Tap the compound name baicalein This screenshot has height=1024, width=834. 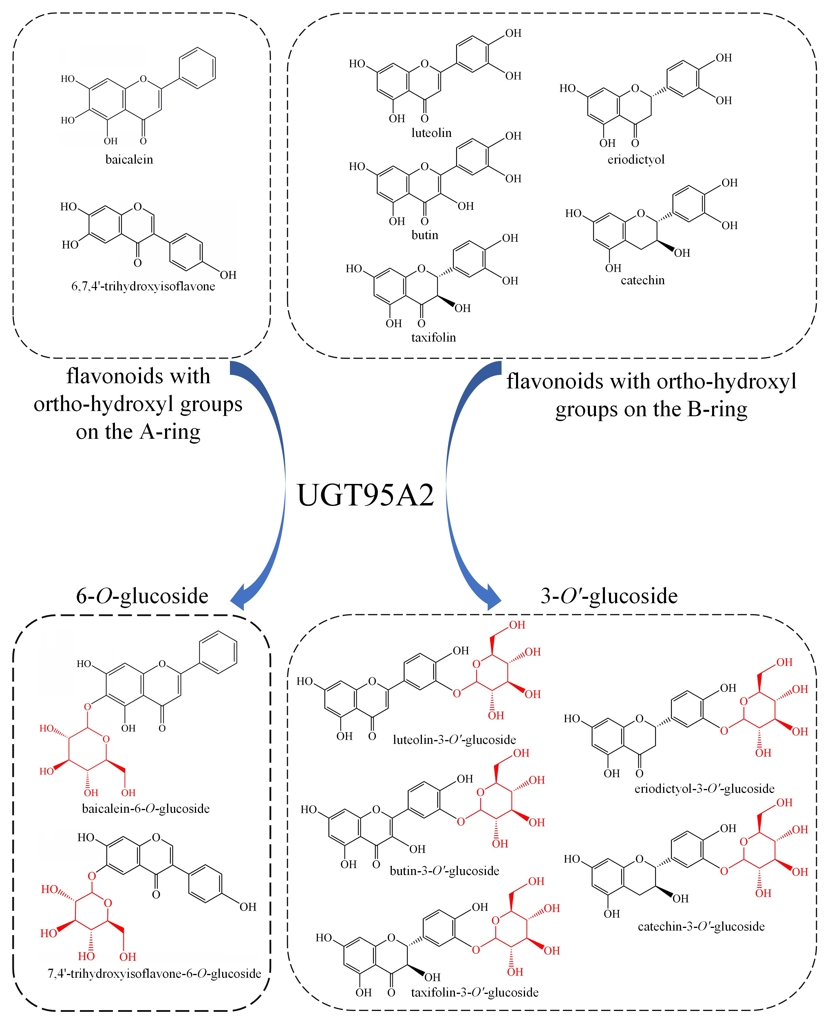coord(129,159)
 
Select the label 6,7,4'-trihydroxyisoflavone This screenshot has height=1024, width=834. coord(143,287)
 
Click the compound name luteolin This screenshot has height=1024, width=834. coord(431,133)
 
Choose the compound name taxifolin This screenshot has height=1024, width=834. coord(433,337)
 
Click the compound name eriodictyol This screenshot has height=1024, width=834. coord(636,160)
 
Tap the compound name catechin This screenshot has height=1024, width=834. coord(642,280)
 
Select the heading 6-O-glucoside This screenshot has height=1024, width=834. coord(142,596)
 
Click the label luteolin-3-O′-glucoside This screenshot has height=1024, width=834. coord(454,740)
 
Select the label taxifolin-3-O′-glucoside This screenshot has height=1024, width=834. coord(475,992)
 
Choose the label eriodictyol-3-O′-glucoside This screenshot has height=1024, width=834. coord(704,789)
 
